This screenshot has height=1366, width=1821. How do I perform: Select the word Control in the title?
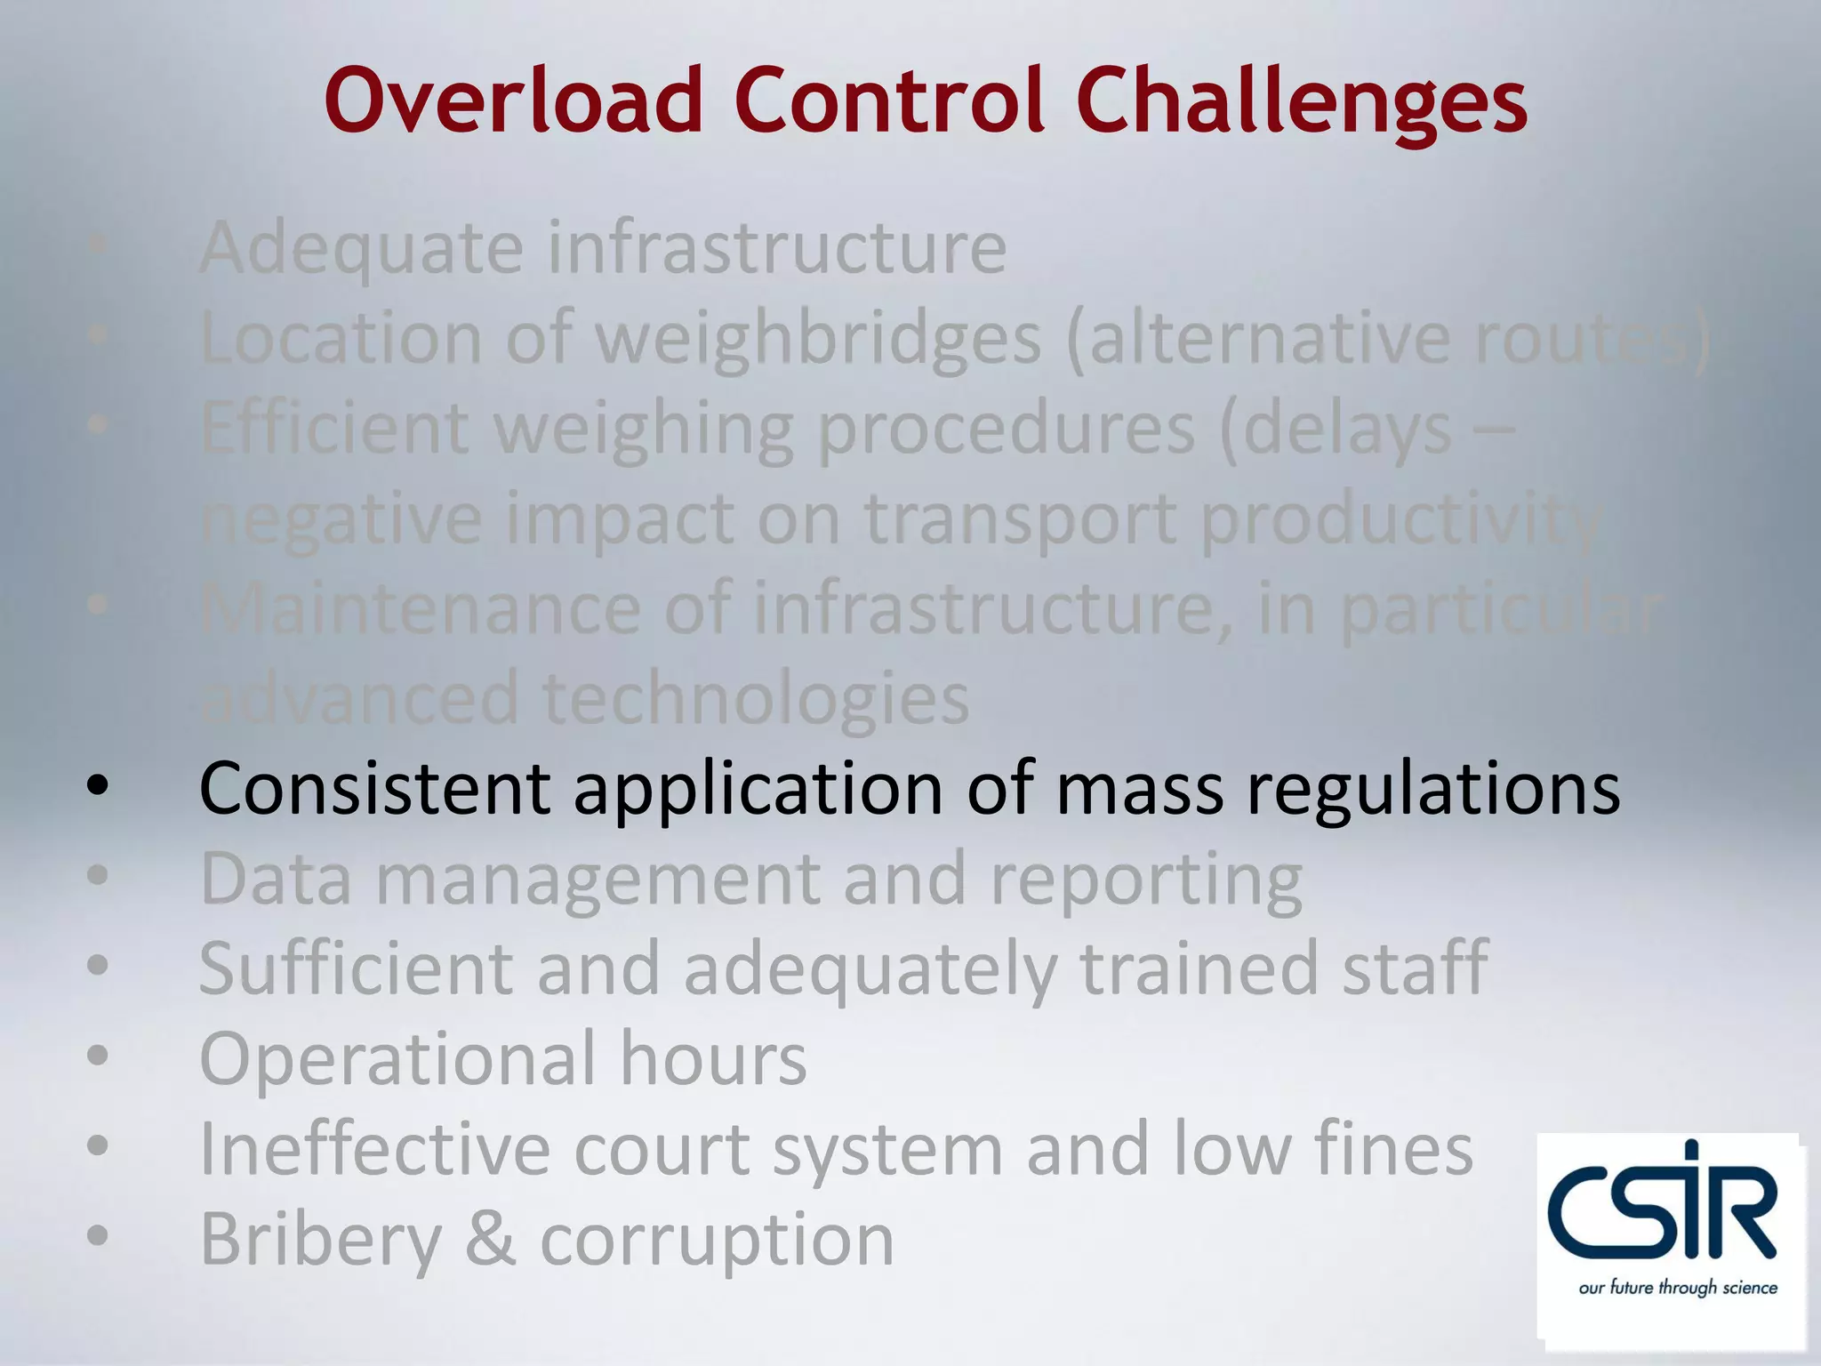pos(889,100)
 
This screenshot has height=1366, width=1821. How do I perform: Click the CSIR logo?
pos(1662,1214)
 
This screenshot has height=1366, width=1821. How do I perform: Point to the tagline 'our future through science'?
pos(1677,1288)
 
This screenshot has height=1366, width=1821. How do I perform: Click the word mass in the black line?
pos(1139,790)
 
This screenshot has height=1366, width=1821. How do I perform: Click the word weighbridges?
pos(818,341)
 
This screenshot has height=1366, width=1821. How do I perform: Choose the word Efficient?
pos(334,429)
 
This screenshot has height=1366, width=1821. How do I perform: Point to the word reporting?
pos(1146,881)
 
